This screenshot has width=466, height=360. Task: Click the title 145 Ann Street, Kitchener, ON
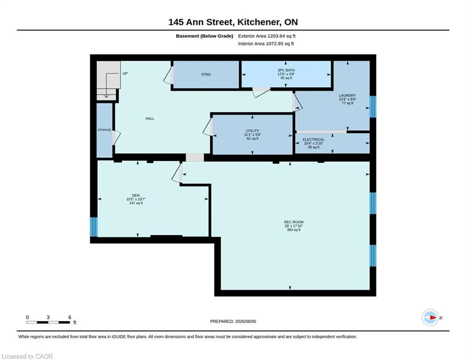click(233, 22)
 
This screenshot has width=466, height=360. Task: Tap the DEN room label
click(136, 195)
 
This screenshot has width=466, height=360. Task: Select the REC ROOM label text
click(294, 222)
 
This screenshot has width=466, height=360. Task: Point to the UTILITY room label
click(252, 131)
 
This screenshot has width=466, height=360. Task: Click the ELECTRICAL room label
click(313, 140)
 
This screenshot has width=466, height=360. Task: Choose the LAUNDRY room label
click(348, 96)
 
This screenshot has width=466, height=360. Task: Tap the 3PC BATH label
click(286, 70)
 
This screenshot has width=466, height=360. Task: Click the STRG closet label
click(206, 75)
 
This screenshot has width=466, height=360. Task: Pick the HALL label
click(150, 119)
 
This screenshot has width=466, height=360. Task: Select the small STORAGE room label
click(104, 130)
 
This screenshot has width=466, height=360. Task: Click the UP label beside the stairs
click(125, 73)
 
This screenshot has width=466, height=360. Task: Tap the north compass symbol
click(430, 318)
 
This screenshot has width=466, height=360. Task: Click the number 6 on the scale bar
click(70, 317)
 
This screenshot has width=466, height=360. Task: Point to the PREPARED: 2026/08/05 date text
click(233, 321)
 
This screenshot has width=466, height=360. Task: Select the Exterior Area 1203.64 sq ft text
click(266, 36)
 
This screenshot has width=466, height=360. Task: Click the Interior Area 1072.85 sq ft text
click(266, 44)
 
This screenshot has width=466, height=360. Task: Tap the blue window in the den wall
click(94, 227)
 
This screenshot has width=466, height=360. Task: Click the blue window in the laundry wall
click(373, 107)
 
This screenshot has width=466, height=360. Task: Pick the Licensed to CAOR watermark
click(27, 356)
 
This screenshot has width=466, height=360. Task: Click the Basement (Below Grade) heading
click(205, 36)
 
